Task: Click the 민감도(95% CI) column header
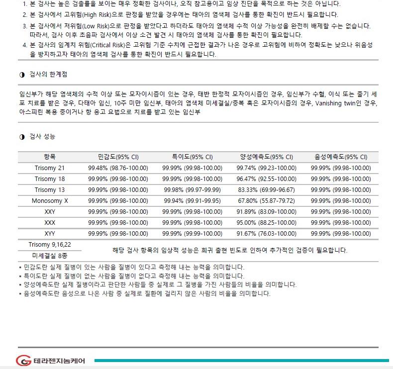click(118, 157)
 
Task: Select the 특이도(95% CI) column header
click(192, 157)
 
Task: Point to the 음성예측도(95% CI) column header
click(341, 157)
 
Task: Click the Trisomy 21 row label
click(50, 168)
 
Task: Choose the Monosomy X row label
click(50, 201)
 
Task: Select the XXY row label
click(50, 212)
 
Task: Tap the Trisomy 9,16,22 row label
click(50, 244)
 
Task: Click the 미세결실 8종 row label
click(50, 256)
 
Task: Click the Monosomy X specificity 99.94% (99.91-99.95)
click(192, 201)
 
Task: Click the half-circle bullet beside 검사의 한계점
click(21, 74)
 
